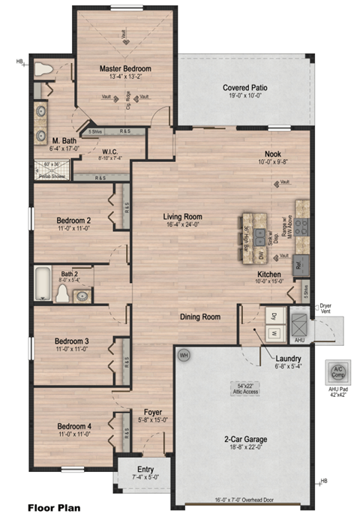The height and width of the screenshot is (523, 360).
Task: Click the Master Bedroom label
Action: [x=126, y=69]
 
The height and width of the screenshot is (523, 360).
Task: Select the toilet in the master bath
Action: [x=43, y=69]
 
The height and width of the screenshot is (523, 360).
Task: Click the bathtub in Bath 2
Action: [x=43, y=284]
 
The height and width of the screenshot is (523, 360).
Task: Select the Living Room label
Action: [x=184, y=217]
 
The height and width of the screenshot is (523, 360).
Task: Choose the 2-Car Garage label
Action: [x=245, y=439]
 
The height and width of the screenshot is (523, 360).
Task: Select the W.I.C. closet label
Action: [x=111, y=151]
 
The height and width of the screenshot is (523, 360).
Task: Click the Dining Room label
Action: [x=199, y=317]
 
